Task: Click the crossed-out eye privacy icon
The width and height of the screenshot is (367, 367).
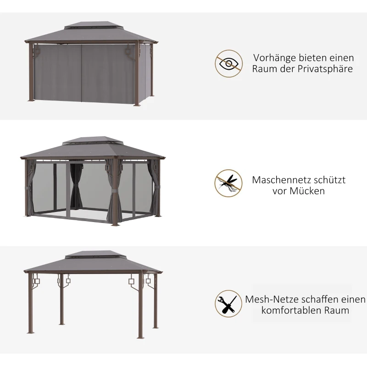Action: [229, 64]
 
